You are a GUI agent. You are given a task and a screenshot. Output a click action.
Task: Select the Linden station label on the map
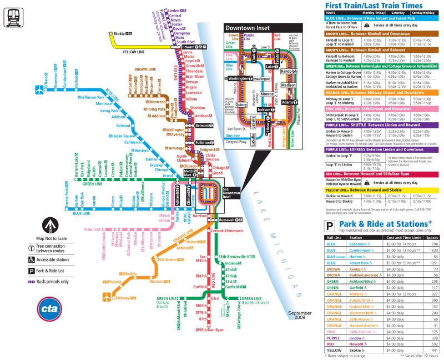click(173, 11)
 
